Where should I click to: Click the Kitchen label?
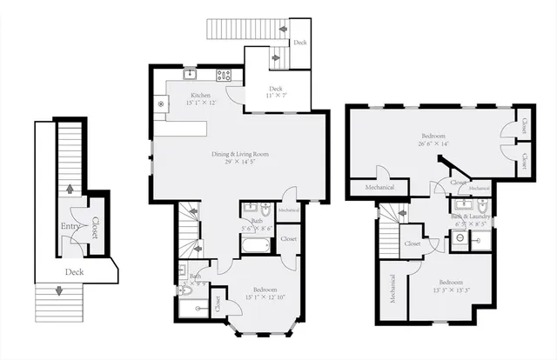(x=201, y=95)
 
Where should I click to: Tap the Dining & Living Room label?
(x=239, y=154)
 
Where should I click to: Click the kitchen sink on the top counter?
(x=189, y=74)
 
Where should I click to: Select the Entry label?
(x=70, y=228)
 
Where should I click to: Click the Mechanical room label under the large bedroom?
(x=375, y=187)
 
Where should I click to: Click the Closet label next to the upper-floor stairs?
(x=413, y=244)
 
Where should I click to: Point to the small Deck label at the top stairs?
(x=299, y=42)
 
